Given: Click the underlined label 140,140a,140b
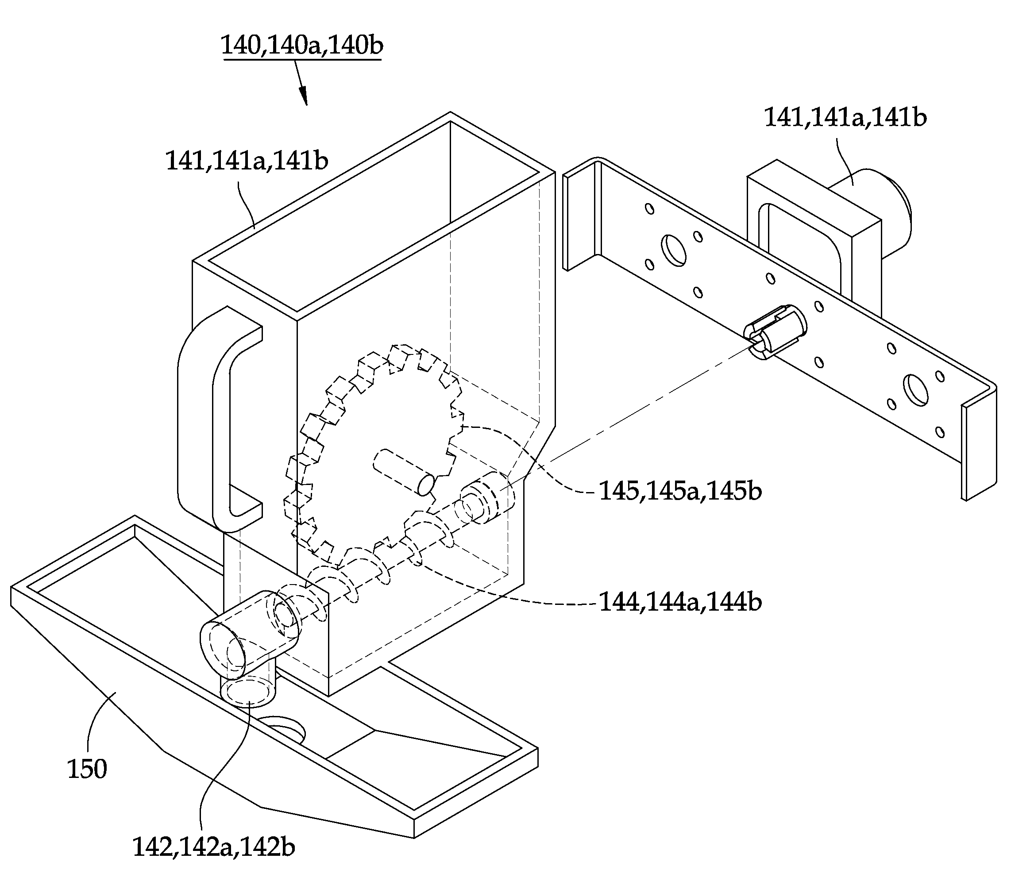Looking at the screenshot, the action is click(x=302, y=46).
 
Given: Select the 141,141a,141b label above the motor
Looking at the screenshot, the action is click(x=845, y=118).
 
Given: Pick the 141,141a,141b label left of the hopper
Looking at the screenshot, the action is click(x=247, y=161).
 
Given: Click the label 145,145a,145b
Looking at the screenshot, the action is click(x=680, y=491).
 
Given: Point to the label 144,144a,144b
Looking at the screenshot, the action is click(x=680, y=601).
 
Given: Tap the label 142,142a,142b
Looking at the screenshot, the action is click(x=213, y=847).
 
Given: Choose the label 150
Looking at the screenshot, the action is click(x=87, y=770).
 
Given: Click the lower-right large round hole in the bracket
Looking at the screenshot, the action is click(x=916, y=390).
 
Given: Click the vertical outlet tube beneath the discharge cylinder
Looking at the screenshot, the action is click(x=248, y=689).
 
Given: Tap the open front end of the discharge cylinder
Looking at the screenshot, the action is click(x=222, y=648).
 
